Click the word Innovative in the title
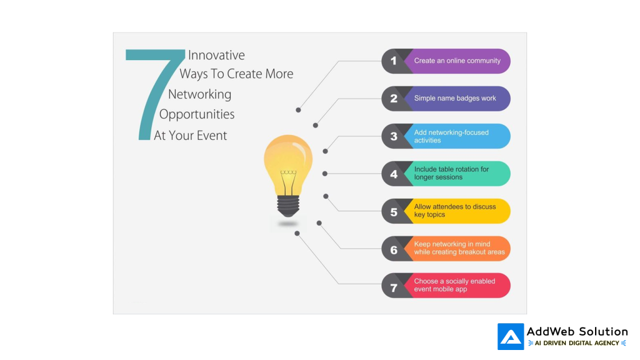216,55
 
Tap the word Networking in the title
199,94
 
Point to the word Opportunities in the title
197,114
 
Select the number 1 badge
394,61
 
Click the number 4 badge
394,174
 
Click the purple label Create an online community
457,61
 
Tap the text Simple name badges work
454,99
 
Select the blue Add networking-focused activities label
451,136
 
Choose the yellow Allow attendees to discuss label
454,211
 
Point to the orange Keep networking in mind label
459,248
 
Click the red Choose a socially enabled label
454,286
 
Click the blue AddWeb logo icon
511,336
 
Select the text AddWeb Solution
577,332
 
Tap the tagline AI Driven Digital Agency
577,343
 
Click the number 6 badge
394,249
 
